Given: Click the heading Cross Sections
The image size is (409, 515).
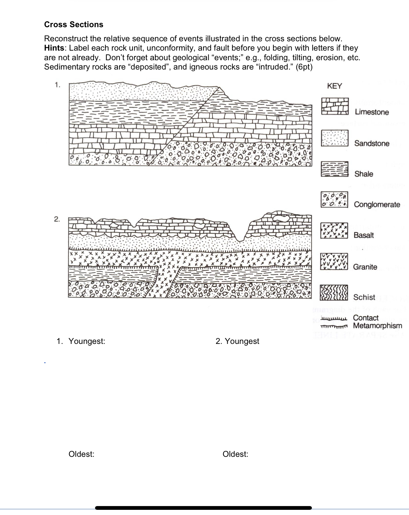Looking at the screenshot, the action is coord(74,24).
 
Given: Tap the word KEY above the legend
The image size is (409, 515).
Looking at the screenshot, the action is coord(334,86).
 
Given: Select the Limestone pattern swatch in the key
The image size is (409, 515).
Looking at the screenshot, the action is coord(335,106).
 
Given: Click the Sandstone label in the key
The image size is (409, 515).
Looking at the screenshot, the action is coord(372,143).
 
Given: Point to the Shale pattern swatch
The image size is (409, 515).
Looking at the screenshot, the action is coord(334,169).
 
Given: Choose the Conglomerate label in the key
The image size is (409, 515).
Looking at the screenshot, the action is coord(377,204).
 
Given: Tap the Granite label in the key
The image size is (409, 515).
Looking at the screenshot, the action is coord(365,267).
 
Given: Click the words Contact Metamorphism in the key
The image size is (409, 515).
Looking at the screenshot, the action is coord(377,322).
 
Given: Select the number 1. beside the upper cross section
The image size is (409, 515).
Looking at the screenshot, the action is coord(57,85).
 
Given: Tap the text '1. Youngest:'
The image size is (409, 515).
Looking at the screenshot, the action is coord(81,341).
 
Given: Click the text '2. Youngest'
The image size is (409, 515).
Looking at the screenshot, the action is coord(237,341).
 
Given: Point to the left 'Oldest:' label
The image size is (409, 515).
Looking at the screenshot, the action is coord(82,454).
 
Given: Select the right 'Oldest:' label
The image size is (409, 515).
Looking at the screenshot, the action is coord(235,454).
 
